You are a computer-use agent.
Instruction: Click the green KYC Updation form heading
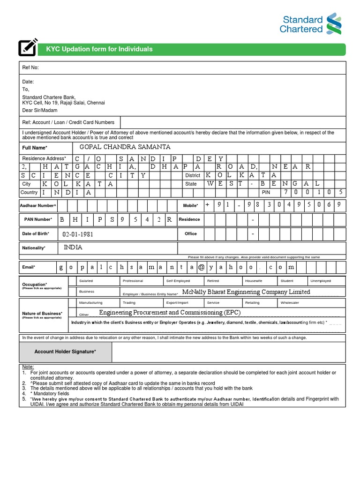click(99, 49)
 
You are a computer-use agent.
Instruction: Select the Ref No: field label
click(30, 67)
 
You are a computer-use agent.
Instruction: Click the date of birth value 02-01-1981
click(81, 234)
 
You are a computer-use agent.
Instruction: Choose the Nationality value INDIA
click(73, 247)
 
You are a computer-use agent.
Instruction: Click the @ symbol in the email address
click(201, 267)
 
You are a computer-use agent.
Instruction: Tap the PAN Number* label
click(38, 219)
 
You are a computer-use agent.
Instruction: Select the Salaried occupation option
click(86, 281)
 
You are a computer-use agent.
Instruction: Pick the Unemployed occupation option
click(320, 281)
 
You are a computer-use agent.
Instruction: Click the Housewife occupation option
click(254, 281)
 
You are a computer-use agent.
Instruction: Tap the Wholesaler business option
click(290, 303)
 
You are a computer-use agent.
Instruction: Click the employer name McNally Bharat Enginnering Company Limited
click(246, 292)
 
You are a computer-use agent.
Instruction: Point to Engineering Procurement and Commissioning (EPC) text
click(170, 313)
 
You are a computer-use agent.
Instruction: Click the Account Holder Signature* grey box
click(65, 351)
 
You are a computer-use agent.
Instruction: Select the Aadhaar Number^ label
click(38, 205)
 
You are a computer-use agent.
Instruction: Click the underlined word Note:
click(28, 367)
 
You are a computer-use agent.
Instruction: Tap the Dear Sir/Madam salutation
click(40, 111)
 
